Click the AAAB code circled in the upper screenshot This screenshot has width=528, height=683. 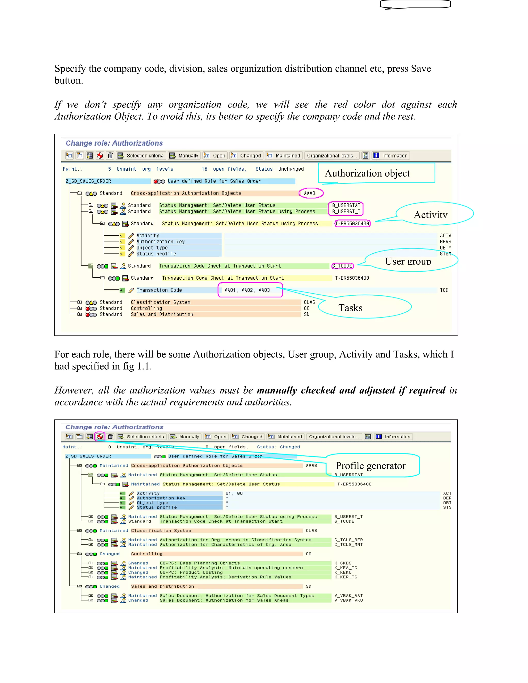pos(310,193)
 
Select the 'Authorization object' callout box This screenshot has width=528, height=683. pos(376,173)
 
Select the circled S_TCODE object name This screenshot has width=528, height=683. pos(343,266)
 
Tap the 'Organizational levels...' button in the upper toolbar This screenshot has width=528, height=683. pos(332,156)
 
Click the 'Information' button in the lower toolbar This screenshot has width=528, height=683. pos(394,437)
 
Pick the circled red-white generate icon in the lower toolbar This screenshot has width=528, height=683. pos(100,437)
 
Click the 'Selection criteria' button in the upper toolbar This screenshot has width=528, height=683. pos(141,156)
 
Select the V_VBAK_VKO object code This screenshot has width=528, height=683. pos(349,601)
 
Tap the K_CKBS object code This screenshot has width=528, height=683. pos(343,563)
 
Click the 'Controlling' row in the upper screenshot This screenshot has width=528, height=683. pos(146,308)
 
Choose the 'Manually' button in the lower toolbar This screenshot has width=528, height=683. pos(185,437)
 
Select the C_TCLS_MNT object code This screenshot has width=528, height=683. pos(349,544)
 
